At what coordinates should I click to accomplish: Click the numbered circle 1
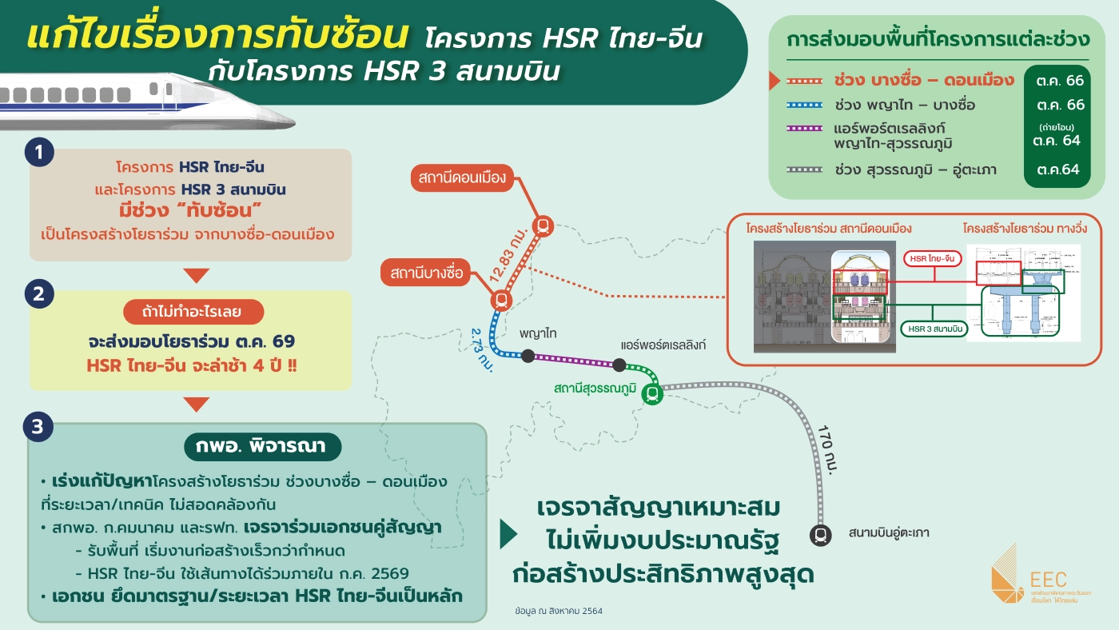coord(38,153)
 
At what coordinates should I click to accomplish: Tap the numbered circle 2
coord(38,295)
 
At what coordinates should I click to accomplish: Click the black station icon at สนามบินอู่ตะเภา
coord(821,535)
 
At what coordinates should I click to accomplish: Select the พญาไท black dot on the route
coord(528,356)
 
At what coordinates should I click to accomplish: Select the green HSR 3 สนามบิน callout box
coord(934,328)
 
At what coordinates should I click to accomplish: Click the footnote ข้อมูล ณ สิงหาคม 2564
coord(559,611)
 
